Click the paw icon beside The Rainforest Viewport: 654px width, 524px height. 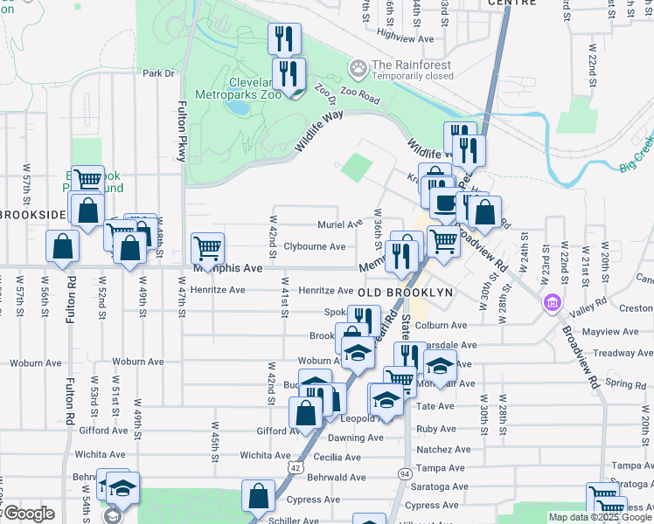358,67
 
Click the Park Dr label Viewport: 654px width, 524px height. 159,73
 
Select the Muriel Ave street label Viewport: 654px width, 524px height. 339,224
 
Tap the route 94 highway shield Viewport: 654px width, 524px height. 404,472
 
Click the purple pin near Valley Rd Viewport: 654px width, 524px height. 553,304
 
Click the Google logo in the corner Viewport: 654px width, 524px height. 28,514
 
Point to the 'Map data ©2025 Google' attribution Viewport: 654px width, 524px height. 600,517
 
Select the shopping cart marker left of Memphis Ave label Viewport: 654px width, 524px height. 207,249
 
